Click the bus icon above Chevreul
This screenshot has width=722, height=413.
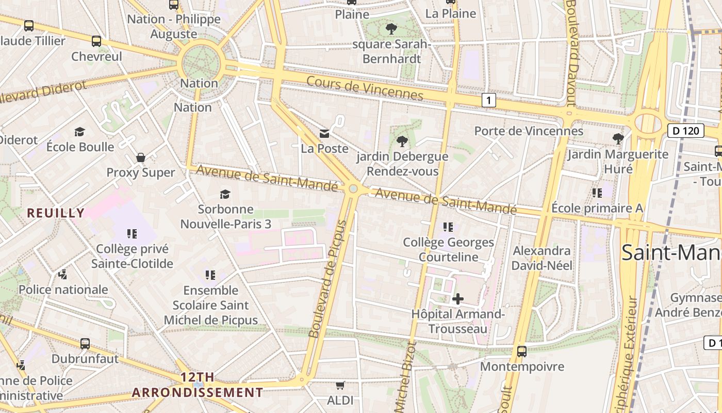96,41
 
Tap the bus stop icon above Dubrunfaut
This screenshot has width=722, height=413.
85,343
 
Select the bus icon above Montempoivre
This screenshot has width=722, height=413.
522,352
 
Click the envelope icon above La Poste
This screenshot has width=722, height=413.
324,134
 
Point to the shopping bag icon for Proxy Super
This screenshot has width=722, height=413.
140,157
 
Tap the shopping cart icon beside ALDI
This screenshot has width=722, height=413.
340,385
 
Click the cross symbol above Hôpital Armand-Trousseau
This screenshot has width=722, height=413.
457,299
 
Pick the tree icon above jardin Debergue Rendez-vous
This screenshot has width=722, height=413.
402,141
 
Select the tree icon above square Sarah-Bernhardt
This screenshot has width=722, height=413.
391,29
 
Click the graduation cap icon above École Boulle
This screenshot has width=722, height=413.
79,132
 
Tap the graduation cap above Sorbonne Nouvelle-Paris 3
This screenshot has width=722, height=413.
225,194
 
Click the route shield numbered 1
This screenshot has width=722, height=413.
488,100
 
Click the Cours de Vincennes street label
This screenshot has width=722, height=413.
365,88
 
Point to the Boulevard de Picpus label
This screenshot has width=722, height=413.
328,279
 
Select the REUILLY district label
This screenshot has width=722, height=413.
56,213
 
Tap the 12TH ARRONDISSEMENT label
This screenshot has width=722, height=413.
197,385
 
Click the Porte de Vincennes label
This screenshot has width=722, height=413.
529,131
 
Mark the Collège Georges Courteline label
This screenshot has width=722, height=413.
448,249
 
